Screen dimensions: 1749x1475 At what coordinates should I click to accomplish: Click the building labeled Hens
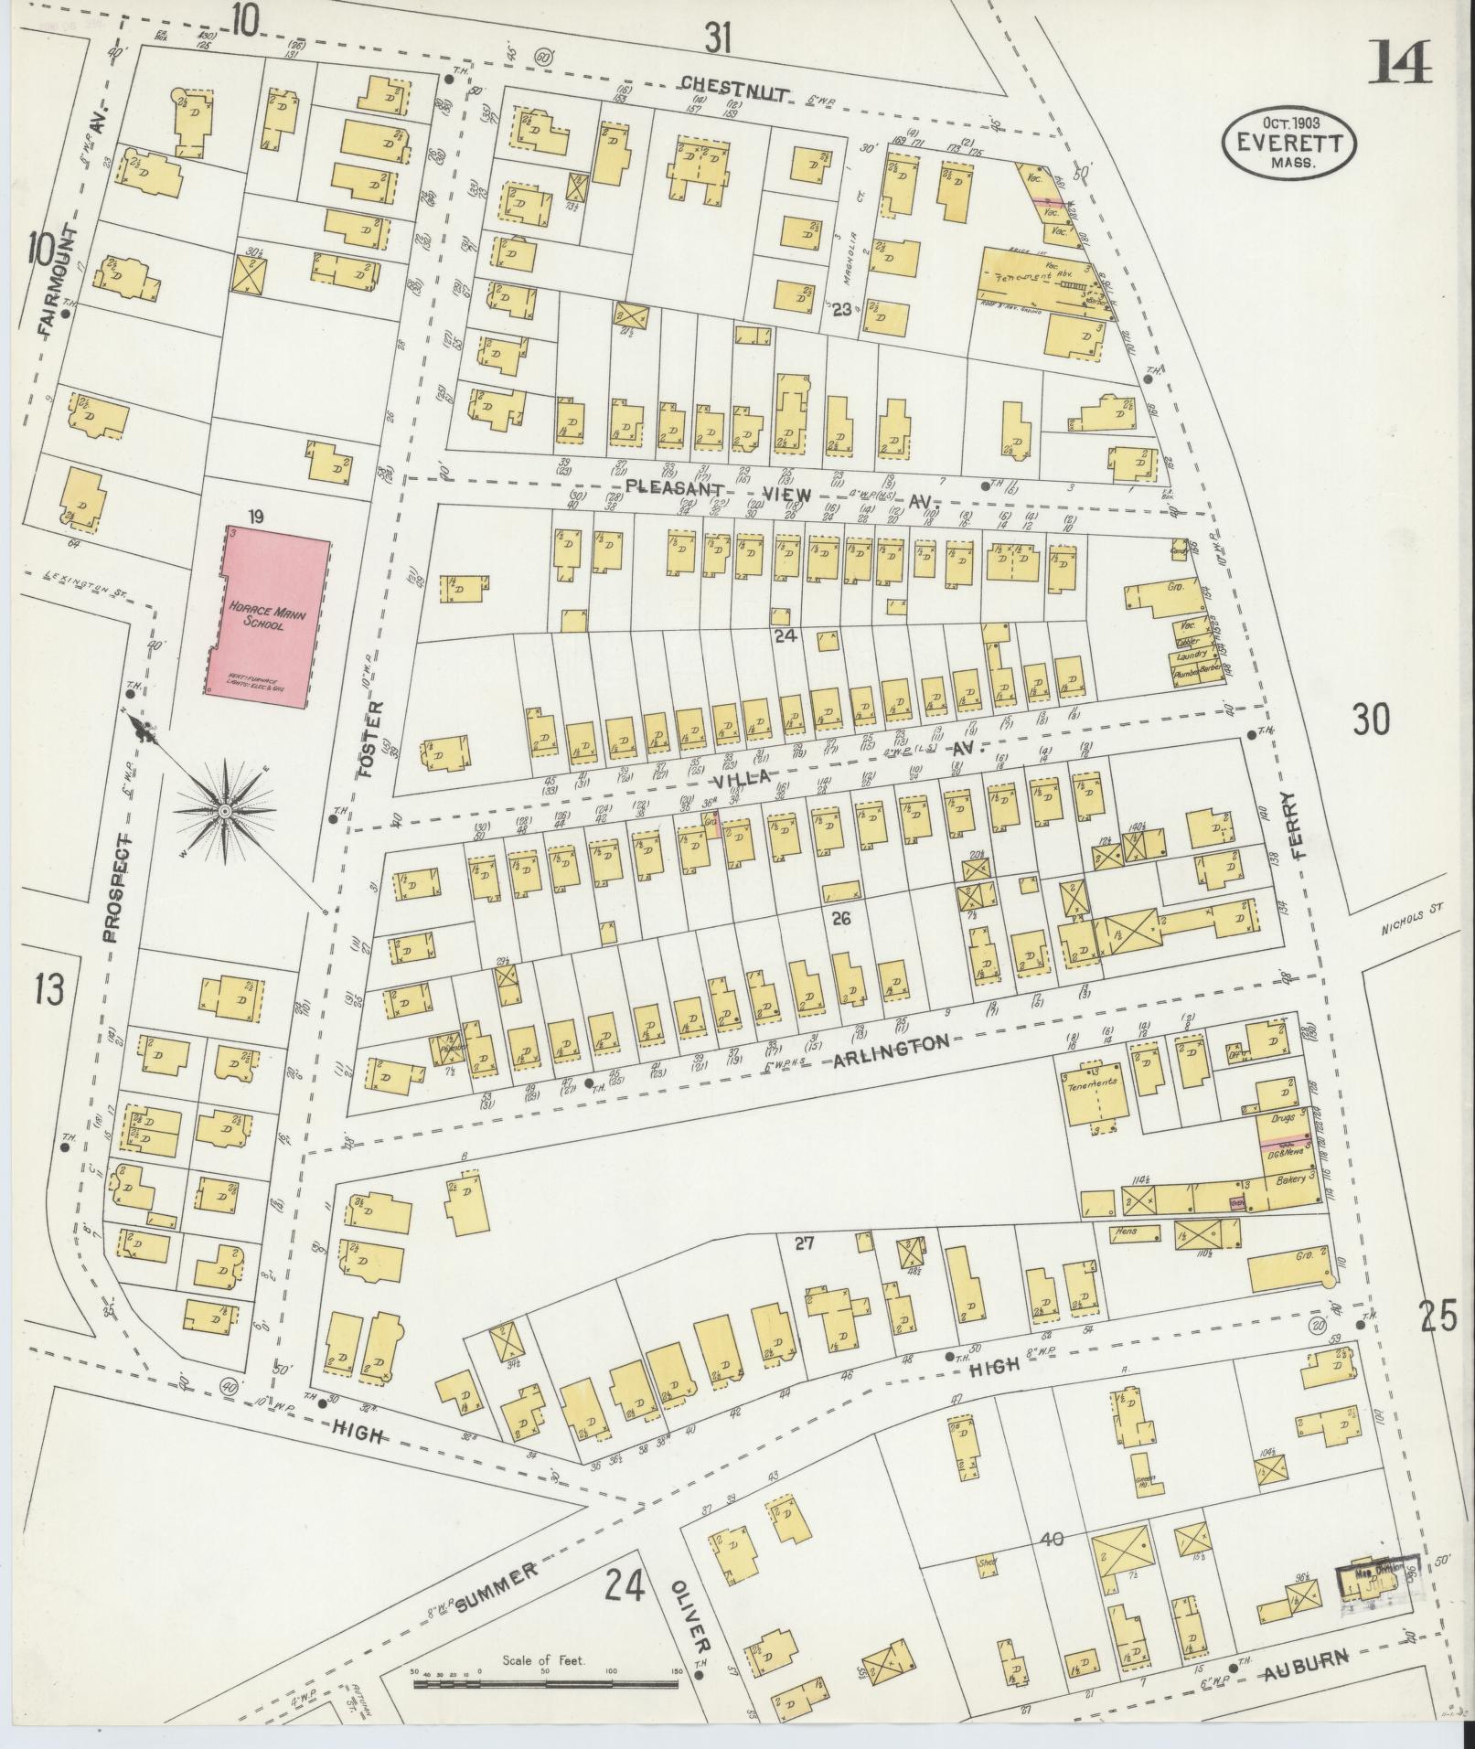[1128, 1232]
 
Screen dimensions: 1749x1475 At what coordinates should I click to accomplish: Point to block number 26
[840, 917]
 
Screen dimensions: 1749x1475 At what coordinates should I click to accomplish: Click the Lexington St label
[84, 586]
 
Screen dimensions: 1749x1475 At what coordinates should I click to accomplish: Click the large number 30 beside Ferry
[1372, 720]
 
